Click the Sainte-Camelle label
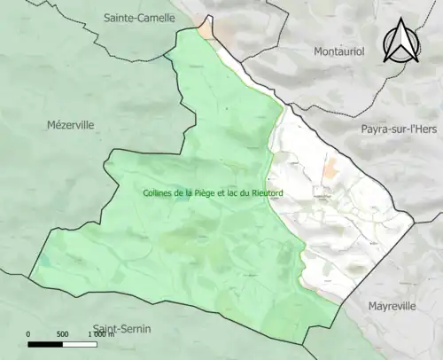[x=139, y=18]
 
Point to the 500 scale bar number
[x=62, y=334]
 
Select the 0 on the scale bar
[x=28, y=334]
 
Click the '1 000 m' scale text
[x=99, y=334]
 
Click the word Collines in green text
[x=159, y=193]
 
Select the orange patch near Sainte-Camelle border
[x=206, y=27]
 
